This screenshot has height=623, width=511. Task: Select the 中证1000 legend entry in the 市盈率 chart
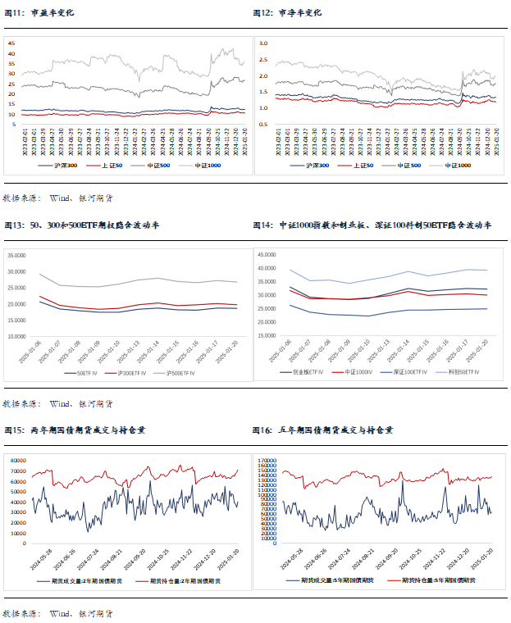(212, 166)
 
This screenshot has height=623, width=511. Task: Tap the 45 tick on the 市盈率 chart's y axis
(11, 43)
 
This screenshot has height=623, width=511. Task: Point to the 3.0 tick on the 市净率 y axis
(263, 43)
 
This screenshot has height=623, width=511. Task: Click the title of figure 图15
(76, 429)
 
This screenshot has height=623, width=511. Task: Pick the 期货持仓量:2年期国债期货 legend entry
(186, 580)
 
